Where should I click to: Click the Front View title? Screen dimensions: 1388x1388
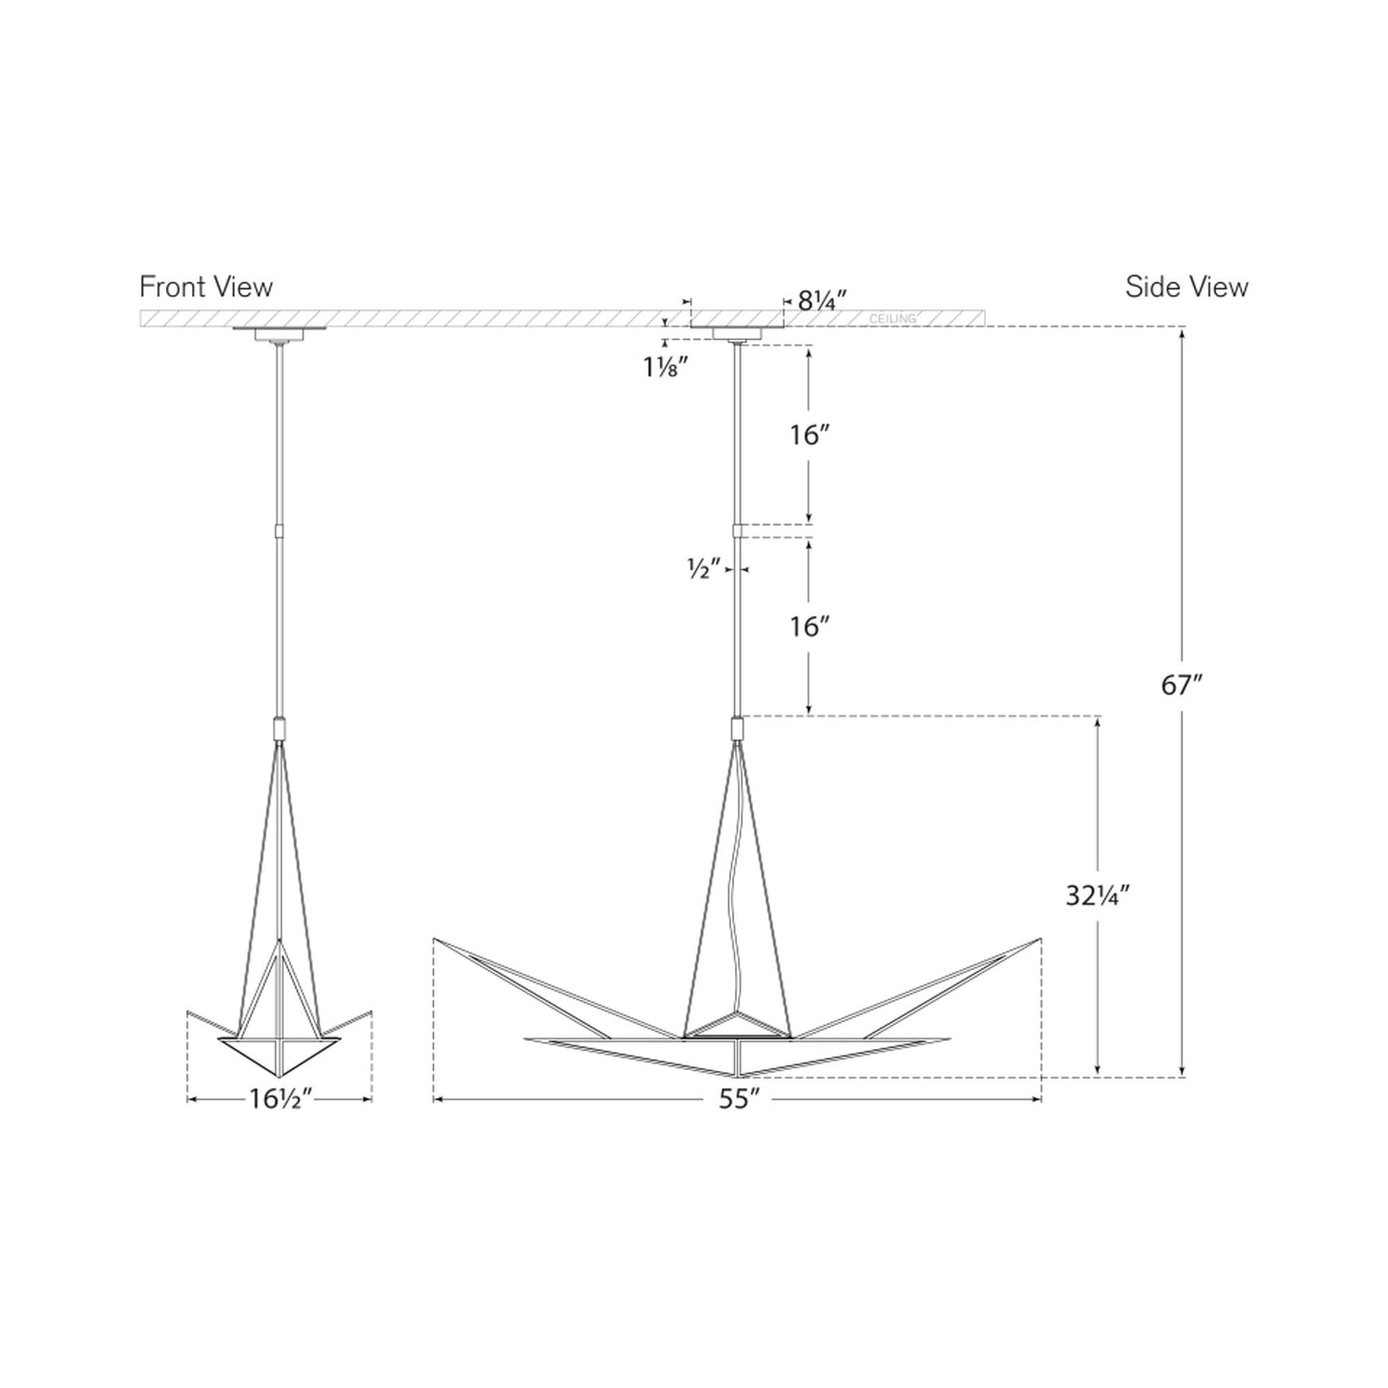pos(206,286)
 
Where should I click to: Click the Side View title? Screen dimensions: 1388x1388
pos(1186,286)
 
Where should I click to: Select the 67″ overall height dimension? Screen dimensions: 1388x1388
pos(1181,685)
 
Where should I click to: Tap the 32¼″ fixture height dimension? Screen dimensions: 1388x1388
pos(1096,895)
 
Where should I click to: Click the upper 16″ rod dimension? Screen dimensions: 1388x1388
pos(809,435)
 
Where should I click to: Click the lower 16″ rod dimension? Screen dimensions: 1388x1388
pos(809,626)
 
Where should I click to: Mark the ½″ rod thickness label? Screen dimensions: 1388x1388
pos(704,569)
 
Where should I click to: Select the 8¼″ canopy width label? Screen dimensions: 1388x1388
pos(819,302)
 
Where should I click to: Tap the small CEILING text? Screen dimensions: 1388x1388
pos(891,318)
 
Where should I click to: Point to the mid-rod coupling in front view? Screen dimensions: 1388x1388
pos(280,530)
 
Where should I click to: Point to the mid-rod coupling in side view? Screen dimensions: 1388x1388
pos(737,530)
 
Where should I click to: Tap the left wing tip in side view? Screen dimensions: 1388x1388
pos(436,939)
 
